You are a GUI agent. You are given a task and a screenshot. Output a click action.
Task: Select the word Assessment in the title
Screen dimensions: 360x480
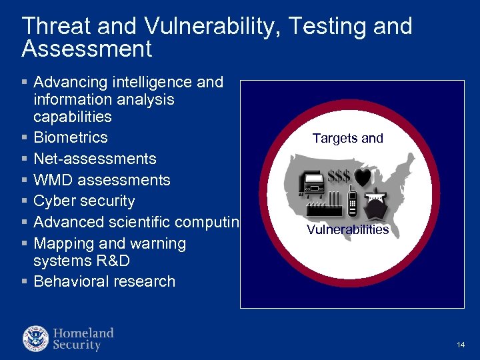coord(87,49)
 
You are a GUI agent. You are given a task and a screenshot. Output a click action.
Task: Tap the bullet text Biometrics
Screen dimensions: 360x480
coord(70,137)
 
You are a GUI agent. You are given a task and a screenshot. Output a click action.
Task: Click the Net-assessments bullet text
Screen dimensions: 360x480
coord(95,159)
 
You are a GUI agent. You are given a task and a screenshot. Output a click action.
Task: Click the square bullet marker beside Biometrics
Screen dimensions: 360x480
coord(25,138)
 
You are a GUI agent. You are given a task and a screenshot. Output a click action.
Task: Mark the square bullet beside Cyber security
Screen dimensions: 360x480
coord(25,202)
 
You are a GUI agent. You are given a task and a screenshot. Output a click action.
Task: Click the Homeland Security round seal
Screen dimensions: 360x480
coord(35,339)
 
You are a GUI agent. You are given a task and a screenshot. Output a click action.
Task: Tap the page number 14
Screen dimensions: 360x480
coord(461,345)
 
